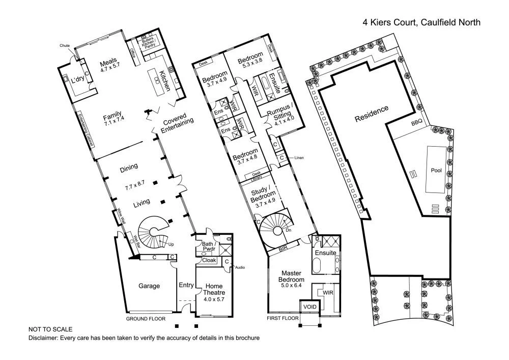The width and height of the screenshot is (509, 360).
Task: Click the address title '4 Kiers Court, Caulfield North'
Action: click(x=421, y=22)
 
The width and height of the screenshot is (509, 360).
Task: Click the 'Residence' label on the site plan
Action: click(x=372, y=114)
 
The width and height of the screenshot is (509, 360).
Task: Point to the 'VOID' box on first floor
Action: click(x=309, y=307)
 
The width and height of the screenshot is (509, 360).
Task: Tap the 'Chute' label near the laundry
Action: click(x=65, y=45)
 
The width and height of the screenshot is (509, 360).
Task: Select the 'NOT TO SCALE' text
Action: click(x=50, y=329)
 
